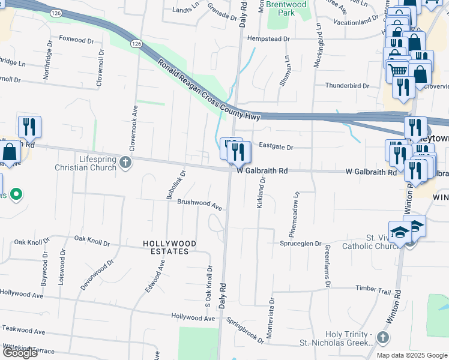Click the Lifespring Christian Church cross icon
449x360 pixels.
[125, 163]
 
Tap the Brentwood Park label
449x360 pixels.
[286, 8]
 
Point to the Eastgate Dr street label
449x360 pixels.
[276, 147]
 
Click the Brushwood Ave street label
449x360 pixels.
[200, 205]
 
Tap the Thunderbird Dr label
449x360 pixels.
[347, 86]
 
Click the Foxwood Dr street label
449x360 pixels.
[77, 40]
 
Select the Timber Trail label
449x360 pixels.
[373, 289]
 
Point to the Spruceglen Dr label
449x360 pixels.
[301, 243]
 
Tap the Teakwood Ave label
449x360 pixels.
[23, 331]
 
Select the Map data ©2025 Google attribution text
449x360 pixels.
[412, 355]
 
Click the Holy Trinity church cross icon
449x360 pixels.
[382, 339]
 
